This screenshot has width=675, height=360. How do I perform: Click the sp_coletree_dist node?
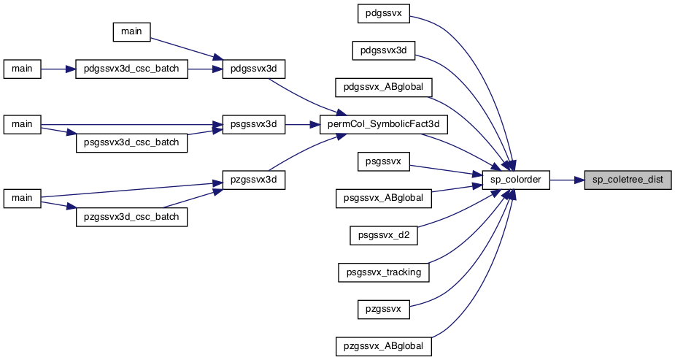(628, 180)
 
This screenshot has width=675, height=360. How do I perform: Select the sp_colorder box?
(516, 180)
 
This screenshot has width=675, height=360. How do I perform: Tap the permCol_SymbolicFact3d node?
(384, 124)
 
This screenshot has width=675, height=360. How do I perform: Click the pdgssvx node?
(384, 13)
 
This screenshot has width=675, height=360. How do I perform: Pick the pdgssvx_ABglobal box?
(384, 88)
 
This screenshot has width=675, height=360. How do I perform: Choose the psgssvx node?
(384, 161)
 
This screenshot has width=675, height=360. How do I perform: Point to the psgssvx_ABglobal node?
(384, 199)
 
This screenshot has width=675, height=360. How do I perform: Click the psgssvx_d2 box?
(384, 236)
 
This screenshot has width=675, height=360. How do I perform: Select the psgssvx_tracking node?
(384, 272)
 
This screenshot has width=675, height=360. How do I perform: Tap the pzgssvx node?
(384, 309)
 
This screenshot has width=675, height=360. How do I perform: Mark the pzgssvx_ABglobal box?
(384, 346)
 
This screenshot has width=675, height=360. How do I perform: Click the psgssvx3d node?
(253, 124)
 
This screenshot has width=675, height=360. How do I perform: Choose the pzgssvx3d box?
(253, 180)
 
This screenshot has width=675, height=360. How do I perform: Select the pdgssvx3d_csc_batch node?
(132, 69)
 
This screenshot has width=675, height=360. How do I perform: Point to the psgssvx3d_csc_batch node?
(132, 142)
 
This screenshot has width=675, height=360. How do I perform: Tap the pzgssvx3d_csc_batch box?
(132, 217)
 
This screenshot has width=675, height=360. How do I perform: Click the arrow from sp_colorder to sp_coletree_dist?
(567, 180)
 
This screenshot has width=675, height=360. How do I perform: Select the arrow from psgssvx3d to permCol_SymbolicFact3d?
(302, 124)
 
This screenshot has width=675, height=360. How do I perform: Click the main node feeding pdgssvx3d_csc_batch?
(22, 69)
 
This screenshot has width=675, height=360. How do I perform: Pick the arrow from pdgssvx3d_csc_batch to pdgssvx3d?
(205, 69)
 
